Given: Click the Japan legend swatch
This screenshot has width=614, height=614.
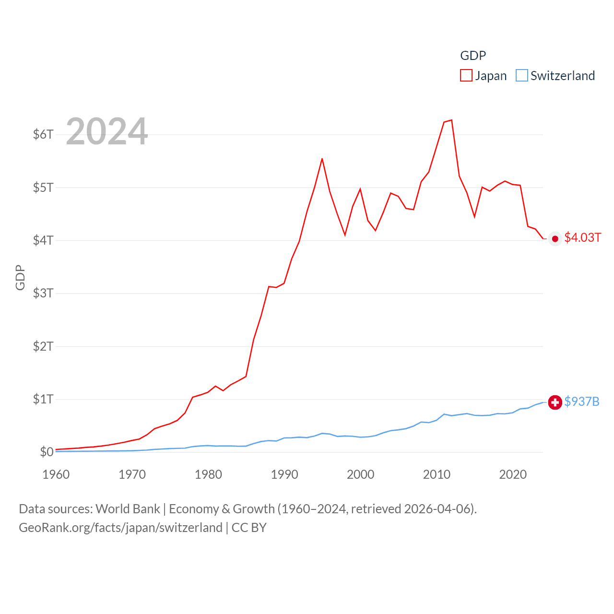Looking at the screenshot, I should tap(466, 75).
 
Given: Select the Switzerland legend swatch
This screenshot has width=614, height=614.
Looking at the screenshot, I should tap(522, 75).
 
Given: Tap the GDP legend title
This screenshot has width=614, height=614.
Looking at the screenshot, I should tap(473, 56).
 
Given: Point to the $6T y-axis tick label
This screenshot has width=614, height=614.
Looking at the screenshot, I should tap(43, 134).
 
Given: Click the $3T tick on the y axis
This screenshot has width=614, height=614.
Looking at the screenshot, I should tap(43, 293).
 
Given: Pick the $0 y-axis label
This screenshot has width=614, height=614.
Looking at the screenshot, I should tap(47, 452).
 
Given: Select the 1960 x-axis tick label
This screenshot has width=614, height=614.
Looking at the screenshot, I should tap(56, 474).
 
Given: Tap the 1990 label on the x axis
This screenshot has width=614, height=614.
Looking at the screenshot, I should tap(284, 474).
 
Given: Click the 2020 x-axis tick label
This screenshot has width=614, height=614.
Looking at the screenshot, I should tap(513, 474).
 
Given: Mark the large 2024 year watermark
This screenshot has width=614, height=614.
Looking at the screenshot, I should tap(106, 131).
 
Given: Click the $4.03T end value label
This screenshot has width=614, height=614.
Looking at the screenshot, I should tap(582, 237).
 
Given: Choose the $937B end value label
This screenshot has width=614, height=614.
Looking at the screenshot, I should tap(582, 401).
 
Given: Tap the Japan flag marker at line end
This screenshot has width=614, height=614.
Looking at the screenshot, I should tap(555, 239).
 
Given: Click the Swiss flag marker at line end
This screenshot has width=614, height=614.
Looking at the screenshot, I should tap(555, 402).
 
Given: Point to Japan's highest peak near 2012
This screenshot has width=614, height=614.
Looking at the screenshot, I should tap(451, 120).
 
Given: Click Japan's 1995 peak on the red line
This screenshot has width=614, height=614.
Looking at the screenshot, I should tap(322, 159).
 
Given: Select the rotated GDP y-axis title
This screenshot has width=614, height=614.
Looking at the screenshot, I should tap(20, 277).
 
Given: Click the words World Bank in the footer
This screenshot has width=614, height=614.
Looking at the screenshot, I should tap(128, 508).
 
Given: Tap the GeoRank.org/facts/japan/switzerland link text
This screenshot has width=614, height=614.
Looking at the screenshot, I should tap(120, 528).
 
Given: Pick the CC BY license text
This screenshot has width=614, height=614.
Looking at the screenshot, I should tap(249, 528).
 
